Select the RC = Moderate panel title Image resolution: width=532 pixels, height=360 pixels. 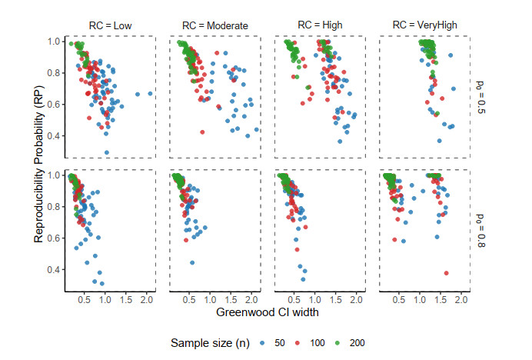pos(216,25)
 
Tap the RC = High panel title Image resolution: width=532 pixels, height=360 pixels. pos(321,25)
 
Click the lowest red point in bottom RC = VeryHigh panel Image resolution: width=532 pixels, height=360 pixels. pos(447,273)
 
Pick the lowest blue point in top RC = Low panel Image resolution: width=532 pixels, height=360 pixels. pos(106,152)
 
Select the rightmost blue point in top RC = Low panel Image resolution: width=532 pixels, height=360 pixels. pos(150,94)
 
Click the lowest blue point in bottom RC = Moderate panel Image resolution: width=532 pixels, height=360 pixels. pos(192,262)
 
